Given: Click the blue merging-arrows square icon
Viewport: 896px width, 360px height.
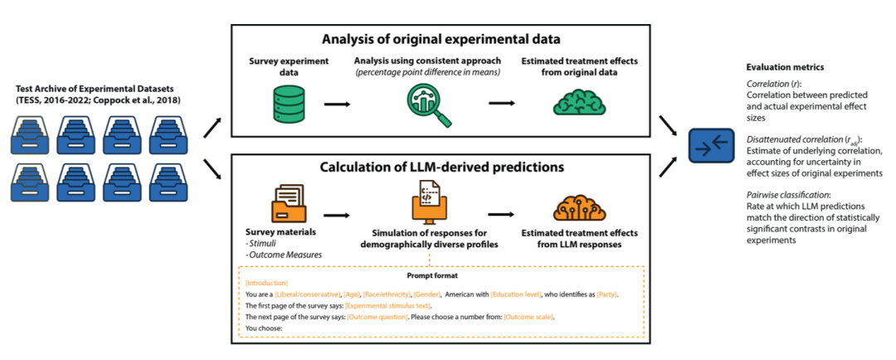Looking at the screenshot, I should pos(713,148).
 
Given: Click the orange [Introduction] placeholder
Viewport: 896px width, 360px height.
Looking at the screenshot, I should pos(266,284).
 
